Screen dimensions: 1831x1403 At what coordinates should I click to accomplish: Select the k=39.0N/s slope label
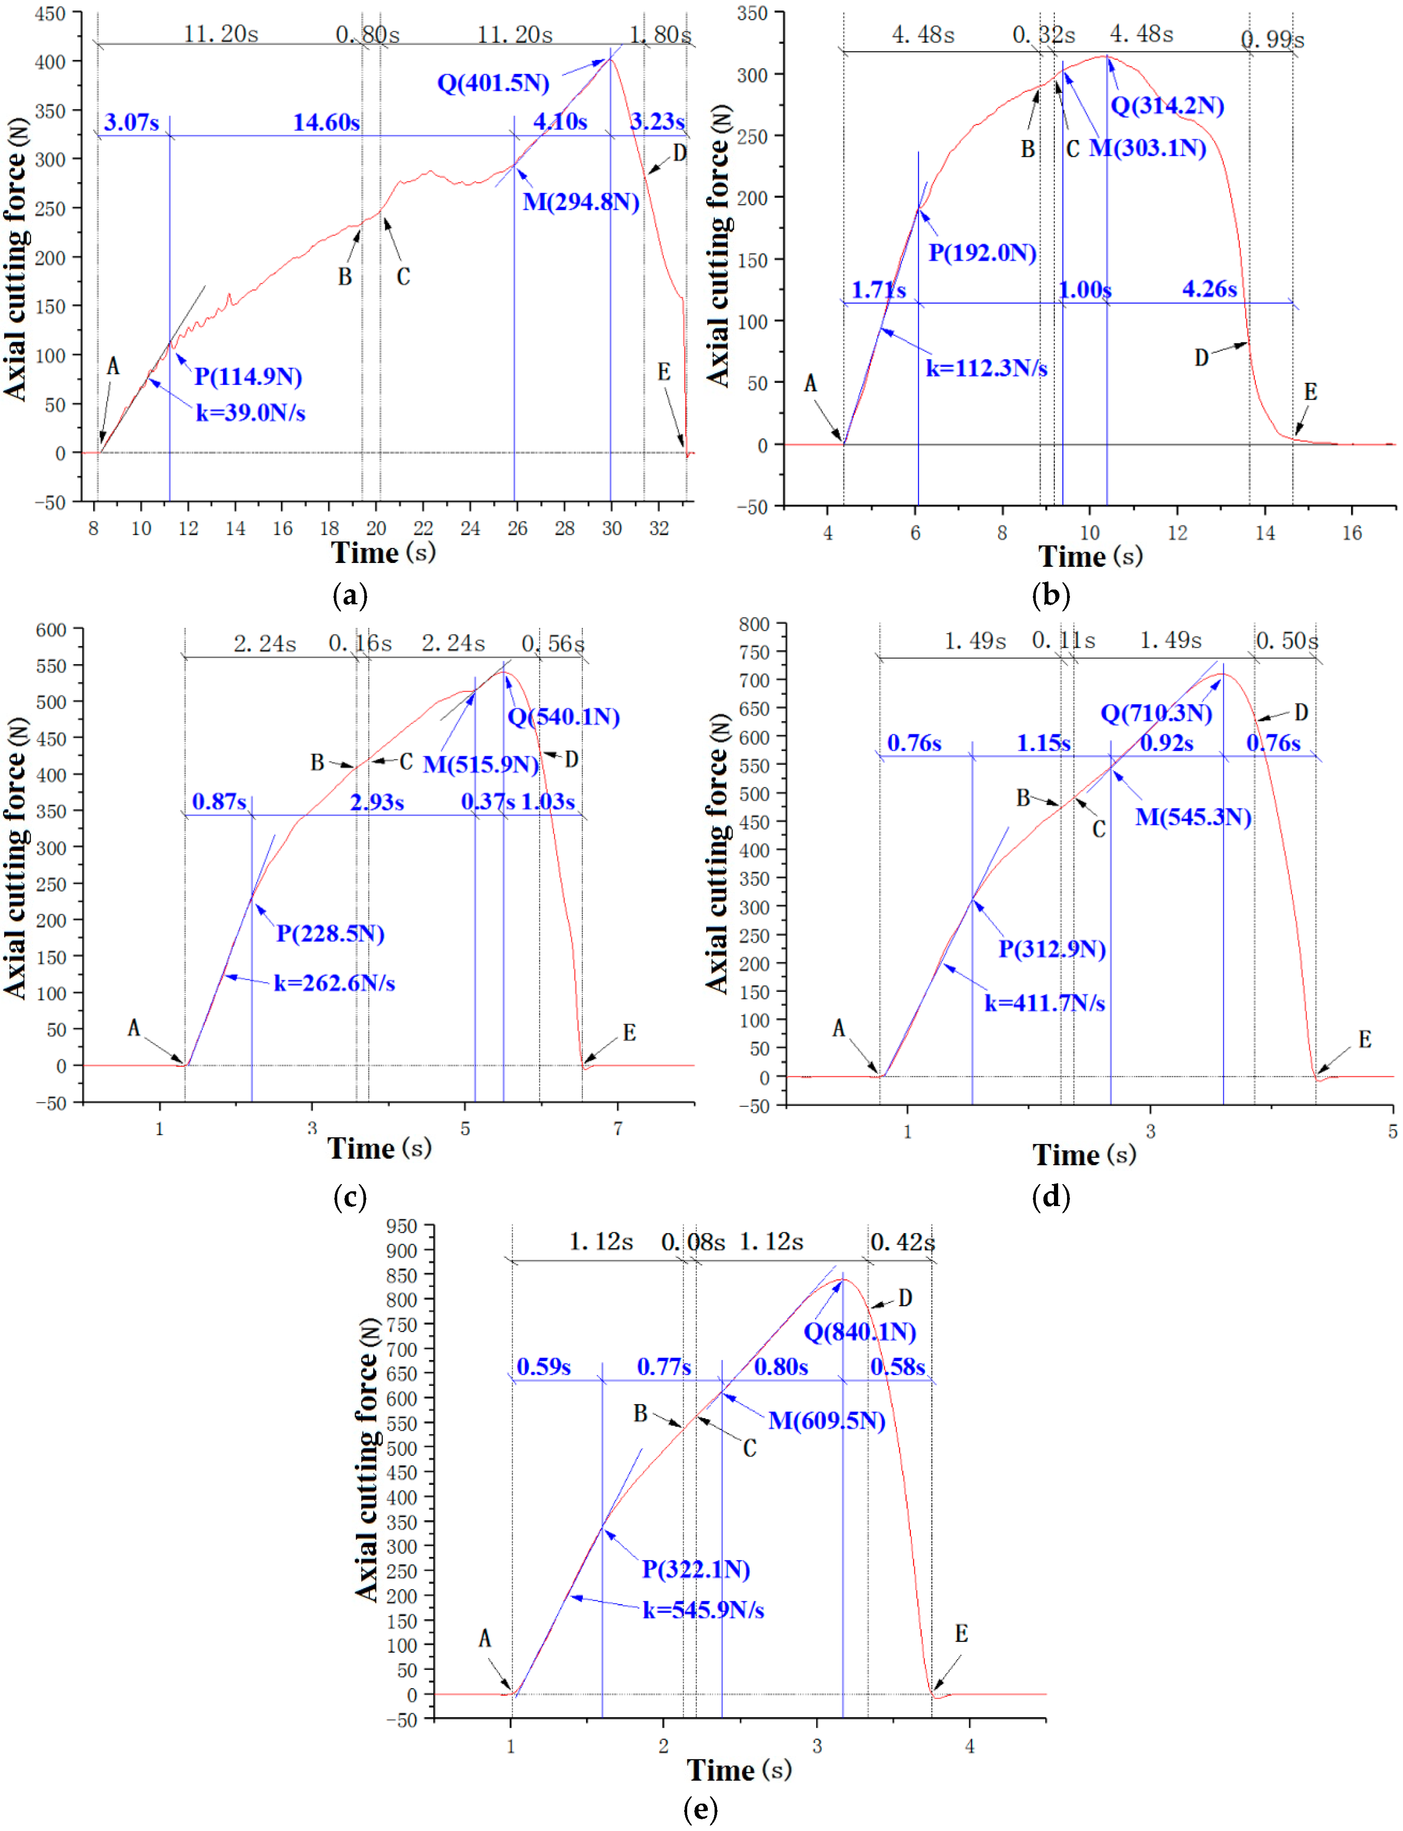pos(250,413)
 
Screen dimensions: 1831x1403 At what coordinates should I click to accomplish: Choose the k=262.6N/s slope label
pos(334,983)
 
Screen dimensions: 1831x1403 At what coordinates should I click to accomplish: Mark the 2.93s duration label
pos(376,802)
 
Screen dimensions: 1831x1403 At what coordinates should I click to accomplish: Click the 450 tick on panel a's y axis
pos(50,14)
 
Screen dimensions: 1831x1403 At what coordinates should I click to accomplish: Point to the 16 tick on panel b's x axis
pos(1351,533)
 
